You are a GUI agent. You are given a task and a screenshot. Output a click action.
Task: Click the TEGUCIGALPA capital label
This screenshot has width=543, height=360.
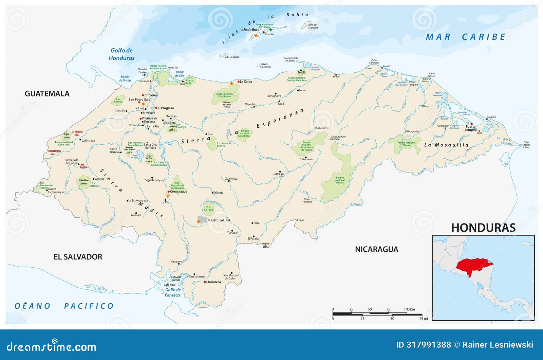click(x=219, y=220)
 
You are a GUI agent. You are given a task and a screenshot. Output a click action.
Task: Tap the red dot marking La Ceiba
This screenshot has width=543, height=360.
click(x=239, y=82)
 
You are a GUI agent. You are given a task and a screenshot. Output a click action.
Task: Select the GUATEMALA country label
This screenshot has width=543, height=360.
click(x=47, y=94)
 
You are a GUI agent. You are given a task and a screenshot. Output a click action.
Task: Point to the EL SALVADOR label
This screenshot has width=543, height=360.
click(x=78, y=257)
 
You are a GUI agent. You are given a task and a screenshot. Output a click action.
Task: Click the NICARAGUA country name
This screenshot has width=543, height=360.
click(x=376, y=249)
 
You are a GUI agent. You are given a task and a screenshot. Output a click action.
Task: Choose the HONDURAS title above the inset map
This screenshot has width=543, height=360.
click(x=483, y=228)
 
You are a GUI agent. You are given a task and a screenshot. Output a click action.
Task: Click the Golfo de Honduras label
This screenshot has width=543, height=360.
click(x=121, y=54)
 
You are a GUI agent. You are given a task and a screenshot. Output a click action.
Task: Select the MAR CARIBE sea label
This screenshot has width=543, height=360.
click(x=466, y=37)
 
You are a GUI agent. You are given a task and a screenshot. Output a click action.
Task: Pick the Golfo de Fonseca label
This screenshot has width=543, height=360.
click(x=173, y=292)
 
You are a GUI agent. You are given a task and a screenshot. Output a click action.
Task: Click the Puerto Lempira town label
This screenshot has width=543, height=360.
click(x=471, y=128)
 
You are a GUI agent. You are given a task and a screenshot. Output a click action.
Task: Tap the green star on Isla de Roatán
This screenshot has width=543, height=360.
click(x=270, y=30)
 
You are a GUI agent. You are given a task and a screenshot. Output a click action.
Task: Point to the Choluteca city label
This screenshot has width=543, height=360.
click(x=213, y=282)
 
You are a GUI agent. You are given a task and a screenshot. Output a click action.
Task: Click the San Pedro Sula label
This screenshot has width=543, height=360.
click(x=139, y=100)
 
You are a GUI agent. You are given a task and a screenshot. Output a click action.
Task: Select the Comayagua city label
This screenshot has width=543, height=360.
click(x=179, y=192)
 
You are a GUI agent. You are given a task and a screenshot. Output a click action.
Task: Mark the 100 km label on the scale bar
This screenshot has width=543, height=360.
click(x=409, y=309)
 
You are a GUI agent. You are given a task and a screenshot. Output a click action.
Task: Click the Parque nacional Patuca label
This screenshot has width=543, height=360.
click(x=340, y=180)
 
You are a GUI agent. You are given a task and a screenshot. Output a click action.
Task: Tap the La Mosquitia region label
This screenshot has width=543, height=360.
click(x=446, y=145)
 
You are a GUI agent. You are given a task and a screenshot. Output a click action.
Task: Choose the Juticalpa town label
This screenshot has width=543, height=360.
click(x=279, y=174)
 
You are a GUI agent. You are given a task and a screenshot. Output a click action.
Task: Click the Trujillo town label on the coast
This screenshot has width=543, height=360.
click(x=302, y=72)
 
